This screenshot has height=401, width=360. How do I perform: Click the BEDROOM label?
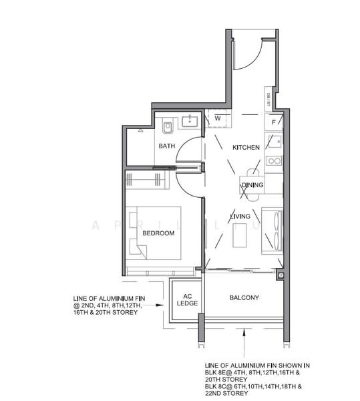[158, 233]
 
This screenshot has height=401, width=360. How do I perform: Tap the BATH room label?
[166, 146]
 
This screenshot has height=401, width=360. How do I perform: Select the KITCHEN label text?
[245, 147]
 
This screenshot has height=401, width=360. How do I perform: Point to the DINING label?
[252, 185]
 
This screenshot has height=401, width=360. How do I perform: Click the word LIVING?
[240, 217]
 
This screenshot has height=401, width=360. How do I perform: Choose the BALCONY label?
[244, 297]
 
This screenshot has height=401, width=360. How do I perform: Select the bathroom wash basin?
[190, 121]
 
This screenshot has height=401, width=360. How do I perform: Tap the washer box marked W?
[217, 119]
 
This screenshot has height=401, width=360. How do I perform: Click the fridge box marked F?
[273, 122]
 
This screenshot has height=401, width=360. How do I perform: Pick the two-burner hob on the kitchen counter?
[273, 160]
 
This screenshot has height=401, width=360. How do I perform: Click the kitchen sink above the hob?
[273, 142]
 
